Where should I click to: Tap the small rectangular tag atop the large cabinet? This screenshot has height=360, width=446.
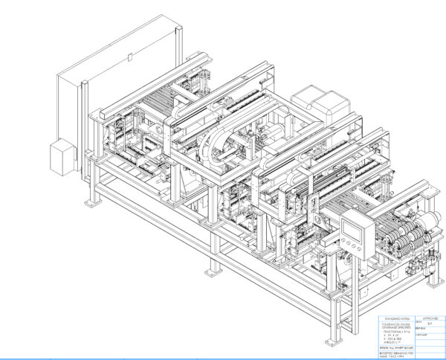pos(129,55)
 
